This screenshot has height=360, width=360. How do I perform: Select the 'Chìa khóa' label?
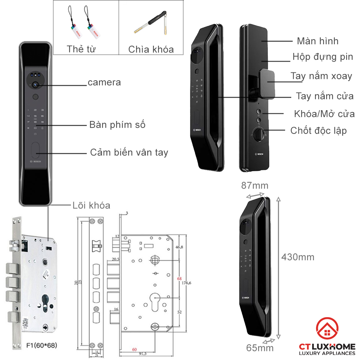pos(151,49)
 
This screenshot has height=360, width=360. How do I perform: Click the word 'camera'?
pos(104,82)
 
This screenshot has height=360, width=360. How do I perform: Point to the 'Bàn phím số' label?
pos(117,125)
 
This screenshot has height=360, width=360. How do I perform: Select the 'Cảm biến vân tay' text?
pos(129,152)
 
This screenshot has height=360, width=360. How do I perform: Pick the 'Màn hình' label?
pos(318,41)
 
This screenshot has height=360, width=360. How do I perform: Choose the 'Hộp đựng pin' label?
pos(323,57)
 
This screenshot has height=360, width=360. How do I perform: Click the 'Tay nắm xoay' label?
pos(321,76)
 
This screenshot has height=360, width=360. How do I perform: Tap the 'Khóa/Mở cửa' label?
pos(324,114)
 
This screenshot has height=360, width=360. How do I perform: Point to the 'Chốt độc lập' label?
pos(318,130)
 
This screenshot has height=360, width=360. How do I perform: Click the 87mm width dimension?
pos(255,186)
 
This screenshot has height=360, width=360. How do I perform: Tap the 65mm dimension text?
pos(260,348)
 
